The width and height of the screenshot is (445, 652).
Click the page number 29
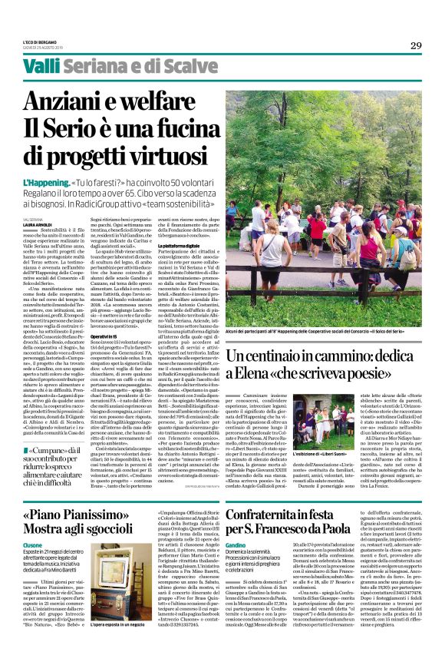(x=416, y=45)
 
